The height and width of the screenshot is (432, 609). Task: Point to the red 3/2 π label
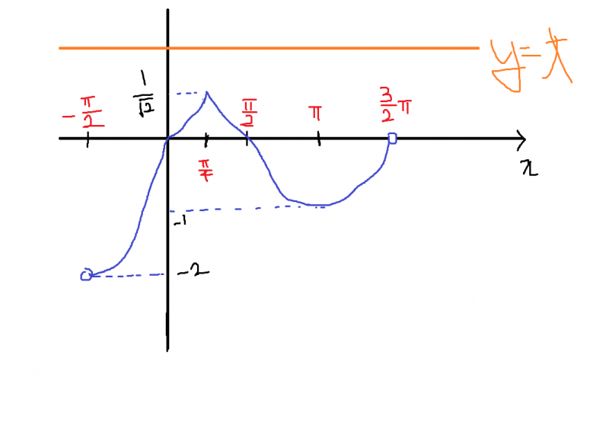[396, 102]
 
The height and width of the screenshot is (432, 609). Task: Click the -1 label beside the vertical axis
[180, 221]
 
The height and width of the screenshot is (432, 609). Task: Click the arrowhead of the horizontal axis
[521, 139]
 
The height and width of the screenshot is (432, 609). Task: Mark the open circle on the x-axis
[392, 138]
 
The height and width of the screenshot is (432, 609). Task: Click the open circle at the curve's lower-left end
[86, 275]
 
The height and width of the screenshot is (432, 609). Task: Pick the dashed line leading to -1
[244, 208]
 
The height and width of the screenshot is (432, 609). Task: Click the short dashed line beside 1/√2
[190, 94]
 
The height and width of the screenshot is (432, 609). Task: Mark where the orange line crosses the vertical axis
[167, 48]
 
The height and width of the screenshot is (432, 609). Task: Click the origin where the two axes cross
[167, 139]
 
